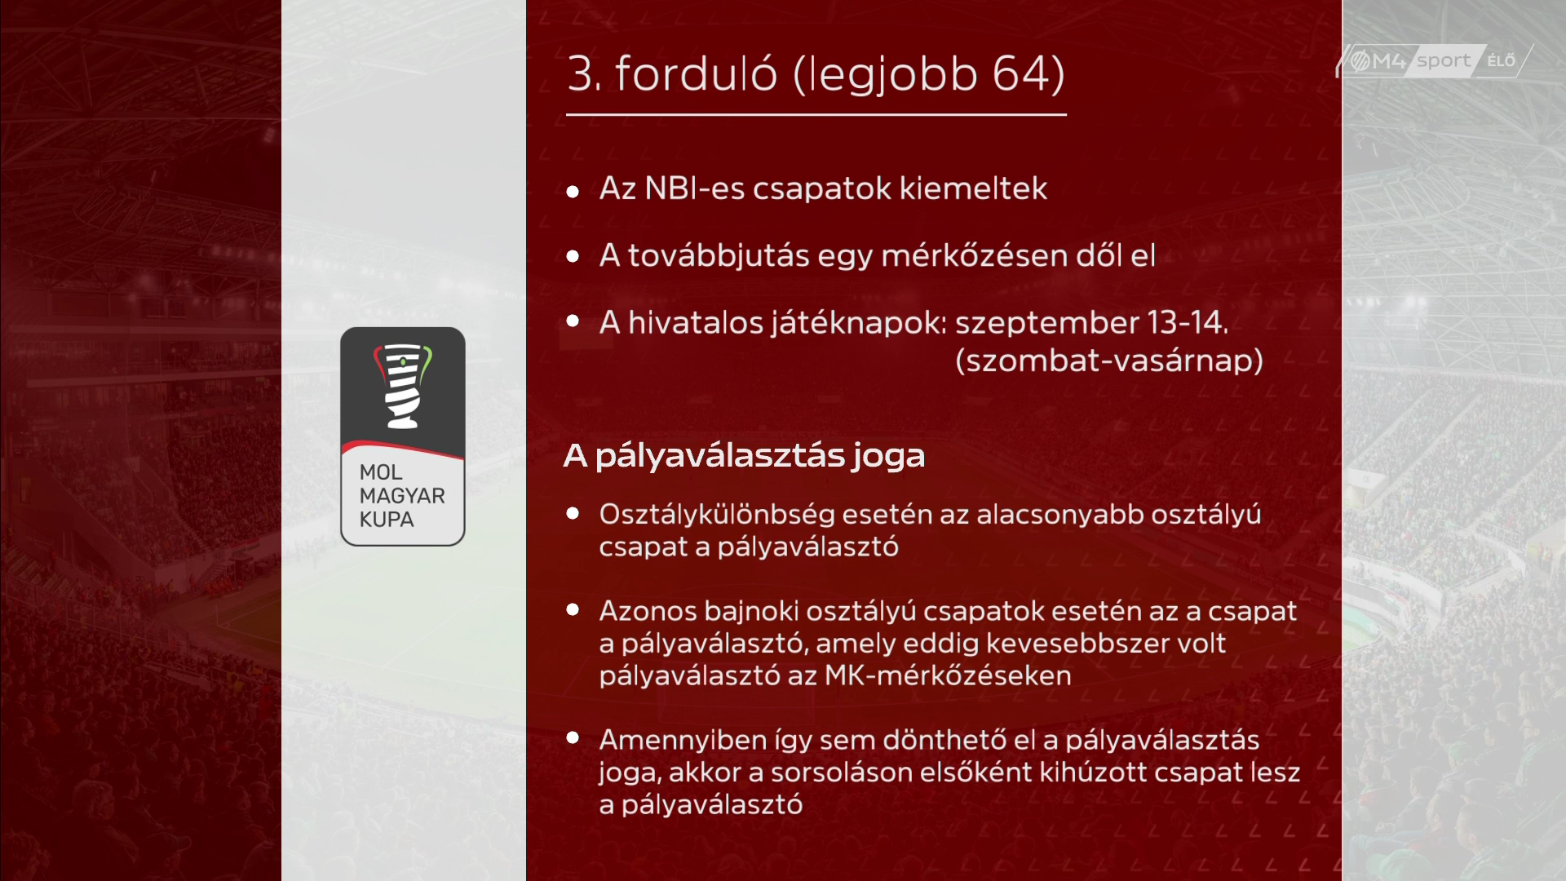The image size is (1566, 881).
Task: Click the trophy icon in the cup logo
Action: [x=403, y=386]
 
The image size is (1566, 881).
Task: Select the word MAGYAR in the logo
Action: [x=402, y=496]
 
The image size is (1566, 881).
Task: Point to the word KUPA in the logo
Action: [x=387, y=520]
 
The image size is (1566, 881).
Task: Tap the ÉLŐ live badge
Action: [x=1502, y=61]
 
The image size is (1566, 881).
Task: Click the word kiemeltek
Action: [x=973, y=188]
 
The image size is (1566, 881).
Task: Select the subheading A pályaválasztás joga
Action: [x=744, y=456]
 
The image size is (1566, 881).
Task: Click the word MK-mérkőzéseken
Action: [x=948, y=676]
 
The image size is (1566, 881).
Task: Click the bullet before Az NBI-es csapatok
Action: [x=573, y=192]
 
